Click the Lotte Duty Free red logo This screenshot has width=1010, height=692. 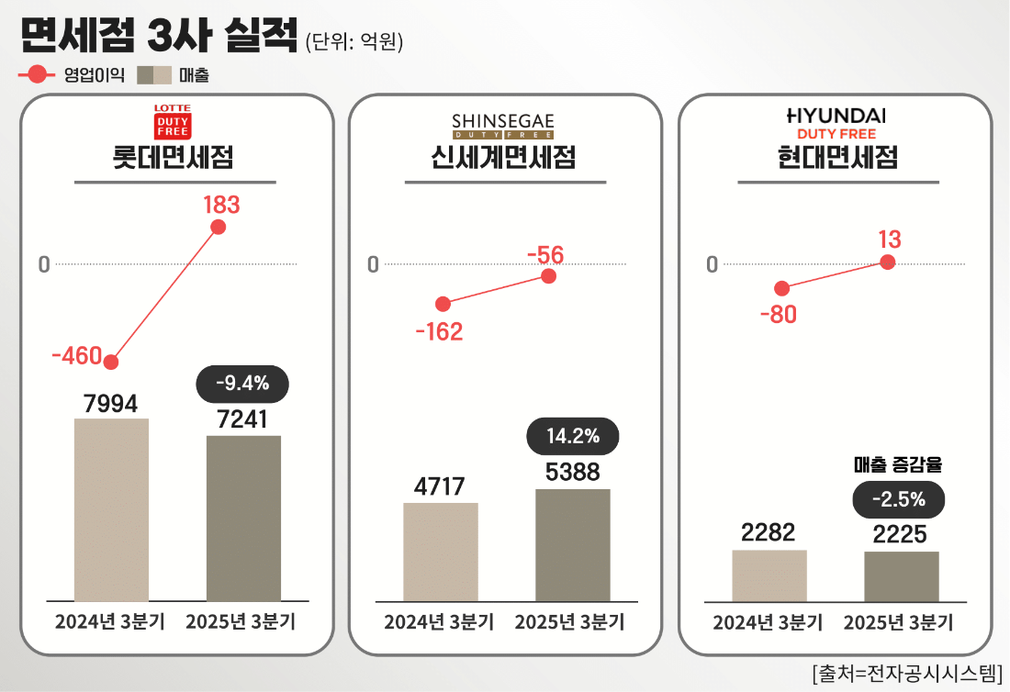[172, 121]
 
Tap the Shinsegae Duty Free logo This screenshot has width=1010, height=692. [503, 127]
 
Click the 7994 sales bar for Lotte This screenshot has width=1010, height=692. [111, 509]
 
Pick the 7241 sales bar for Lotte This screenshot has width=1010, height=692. [243, 518]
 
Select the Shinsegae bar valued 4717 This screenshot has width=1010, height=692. [441, 552]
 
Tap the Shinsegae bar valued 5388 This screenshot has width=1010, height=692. [572, 544]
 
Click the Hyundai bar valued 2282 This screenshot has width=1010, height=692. [769, 575]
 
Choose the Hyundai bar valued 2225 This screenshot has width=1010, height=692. [901, 576]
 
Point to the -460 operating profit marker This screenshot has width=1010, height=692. [112, 362]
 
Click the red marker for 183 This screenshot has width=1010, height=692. [218, 228]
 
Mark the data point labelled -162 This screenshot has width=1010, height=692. [443, 304]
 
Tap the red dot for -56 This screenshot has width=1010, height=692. [549, 275]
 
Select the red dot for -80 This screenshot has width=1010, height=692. [781, 289]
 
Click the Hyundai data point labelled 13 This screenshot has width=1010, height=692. [887, 262]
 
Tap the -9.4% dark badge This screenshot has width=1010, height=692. [243, 384]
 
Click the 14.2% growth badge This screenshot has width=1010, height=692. [573, 436]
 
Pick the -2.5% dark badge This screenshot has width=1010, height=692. [899, 499]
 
